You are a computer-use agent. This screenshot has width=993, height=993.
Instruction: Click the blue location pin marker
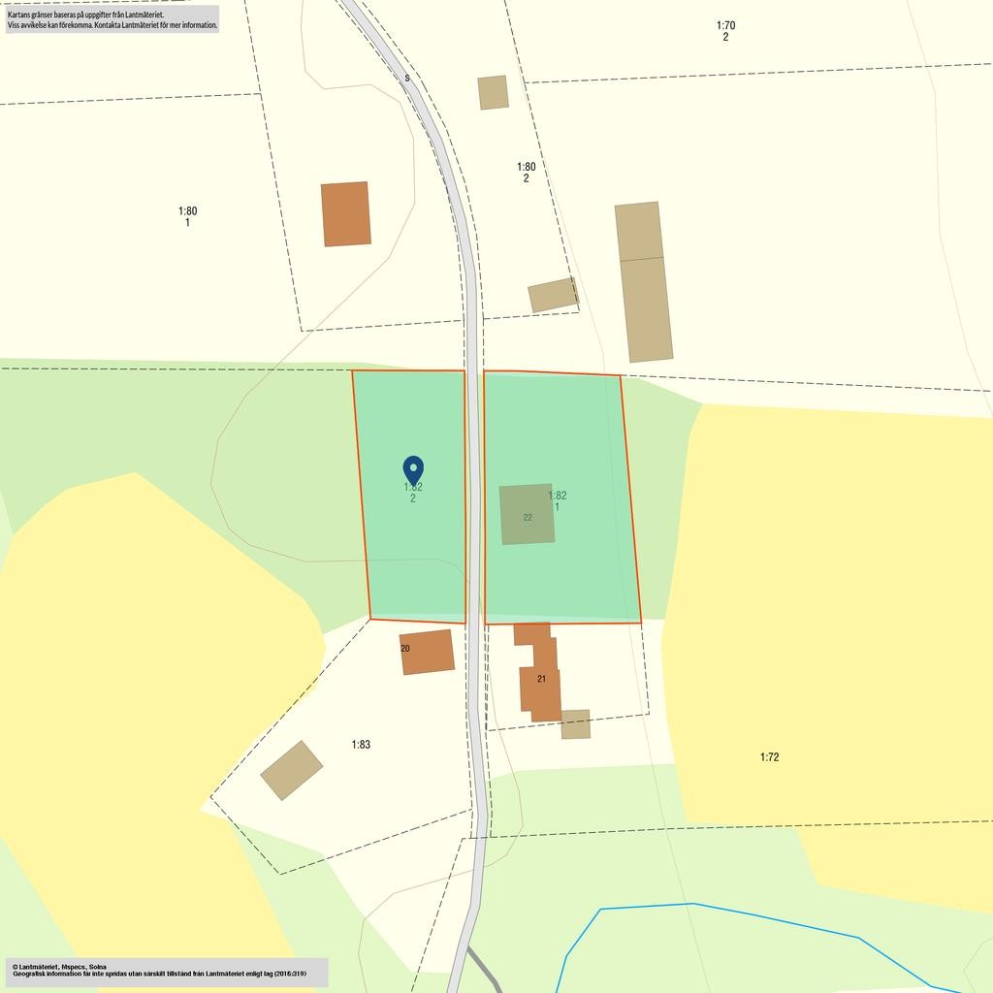(x=413, y=470)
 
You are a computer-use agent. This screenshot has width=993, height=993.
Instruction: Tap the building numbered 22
(x=527, y=514)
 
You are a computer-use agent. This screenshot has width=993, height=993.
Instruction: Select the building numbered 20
(x=427, y=652)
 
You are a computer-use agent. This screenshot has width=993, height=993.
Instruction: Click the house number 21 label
(x=541, y=679)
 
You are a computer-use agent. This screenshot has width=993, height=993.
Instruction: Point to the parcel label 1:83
(x=361, y=745)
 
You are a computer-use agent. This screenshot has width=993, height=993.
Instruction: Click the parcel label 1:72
(x=769, y=757)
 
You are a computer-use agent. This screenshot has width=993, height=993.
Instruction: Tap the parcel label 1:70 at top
(x=725, y=26)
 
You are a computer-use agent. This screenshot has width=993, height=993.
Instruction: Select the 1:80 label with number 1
(x=187, y=216)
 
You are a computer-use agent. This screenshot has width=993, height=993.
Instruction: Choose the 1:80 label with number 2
(x=526, y=172)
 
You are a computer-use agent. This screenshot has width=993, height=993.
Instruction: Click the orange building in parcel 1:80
(x=346, y=213)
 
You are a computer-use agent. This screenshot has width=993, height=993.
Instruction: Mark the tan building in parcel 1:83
(x=291, y=770)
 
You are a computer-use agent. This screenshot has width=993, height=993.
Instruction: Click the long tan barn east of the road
(x=643, y=281)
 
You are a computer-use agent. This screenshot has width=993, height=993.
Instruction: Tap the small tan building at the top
(x=493, y=92)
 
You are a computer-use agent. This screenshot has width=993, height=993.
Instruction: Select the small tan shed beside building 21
(x=575, y=724)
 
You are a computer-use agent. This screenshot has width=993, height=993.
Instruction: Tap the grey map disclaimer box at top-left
(x=112, y=19)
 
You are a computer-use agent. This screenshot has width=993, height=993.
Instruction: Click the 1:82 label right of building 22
(x=557, y=500)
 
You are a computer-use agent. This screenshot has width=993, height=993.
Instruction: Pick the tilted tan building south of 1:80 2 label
(x=553, y=295)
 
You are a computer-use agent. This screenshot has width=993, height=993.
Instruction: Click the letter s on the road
(x=407, y=78)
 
